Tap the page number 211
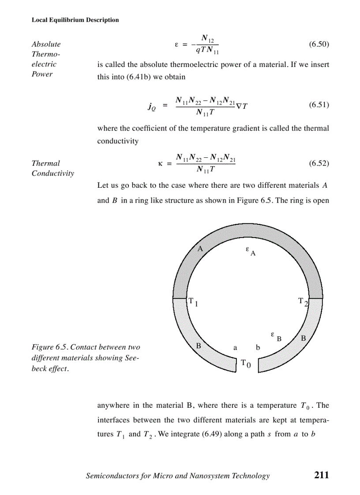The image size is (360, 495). (322, 475)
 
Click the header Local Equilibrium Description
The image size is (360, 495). (75, 20)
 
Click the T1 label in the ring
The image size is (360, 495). (193, 302)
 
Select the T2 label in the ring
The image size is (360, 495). (303, 302)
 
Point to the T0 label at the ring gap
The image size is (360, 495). (246, 364)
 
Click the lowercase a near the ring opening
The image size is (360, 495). (236, 348)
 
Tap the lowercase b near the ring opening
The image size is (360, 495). (258, 348)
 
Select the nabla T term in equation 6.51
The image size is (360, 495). (242, 105)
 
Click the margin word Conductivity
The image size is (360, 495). (53, 173)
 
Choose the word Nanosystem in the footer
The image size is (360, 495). (203, 476)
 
